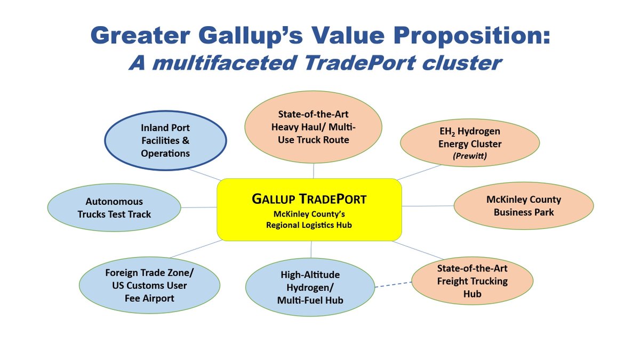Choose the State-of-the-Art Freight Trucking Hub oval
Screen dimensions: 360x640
click(x=472, y=281)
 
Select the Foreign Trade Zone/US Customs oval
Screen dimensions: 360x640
click(x=149, y=286)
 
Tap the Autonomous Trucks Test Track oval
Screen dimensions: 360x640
click(x=114, y=208)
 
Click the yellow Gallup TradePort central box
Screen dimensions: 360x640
click(x=309, y=209)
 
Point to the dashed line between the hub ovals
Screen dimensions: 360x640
click(x=394, y=285)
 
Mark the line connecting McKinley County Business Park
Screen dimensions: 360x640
click(x=427, y=206)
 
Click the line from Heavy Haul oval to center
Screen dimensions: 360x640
click(x=313, y=171)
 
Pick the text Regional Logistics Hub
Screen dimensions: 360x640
click(x=309, y=226)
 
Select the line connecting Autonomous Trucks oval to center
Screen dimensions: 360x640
click(x=199, y=207)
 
